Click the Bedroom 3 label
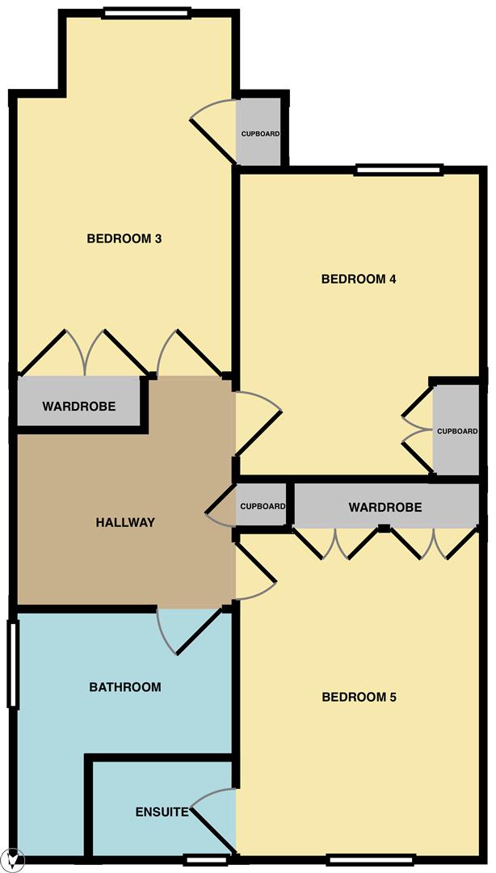pos(124,238)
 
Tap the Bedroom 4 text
pos(359,279)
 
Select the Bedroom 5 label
pos(359,697)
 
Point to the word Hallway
pos(125,522)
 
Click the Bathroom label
pos(125,687)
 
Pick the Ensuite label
pos(162,812)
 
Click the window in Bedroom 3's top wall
pos(146,13)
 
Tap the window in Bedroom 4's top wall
pos(398,170)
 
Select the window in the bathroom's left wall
pos(14,664)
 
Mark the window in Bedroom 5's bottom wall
pos(372,859)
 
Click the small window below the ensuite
pos(206,860)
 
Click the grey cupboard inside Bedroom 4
pos(456,429)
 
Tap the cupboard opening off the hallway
pos(262,505)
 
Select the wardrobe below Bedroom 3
pos(78,402)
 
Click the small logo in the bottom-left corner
pos(14,861)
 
